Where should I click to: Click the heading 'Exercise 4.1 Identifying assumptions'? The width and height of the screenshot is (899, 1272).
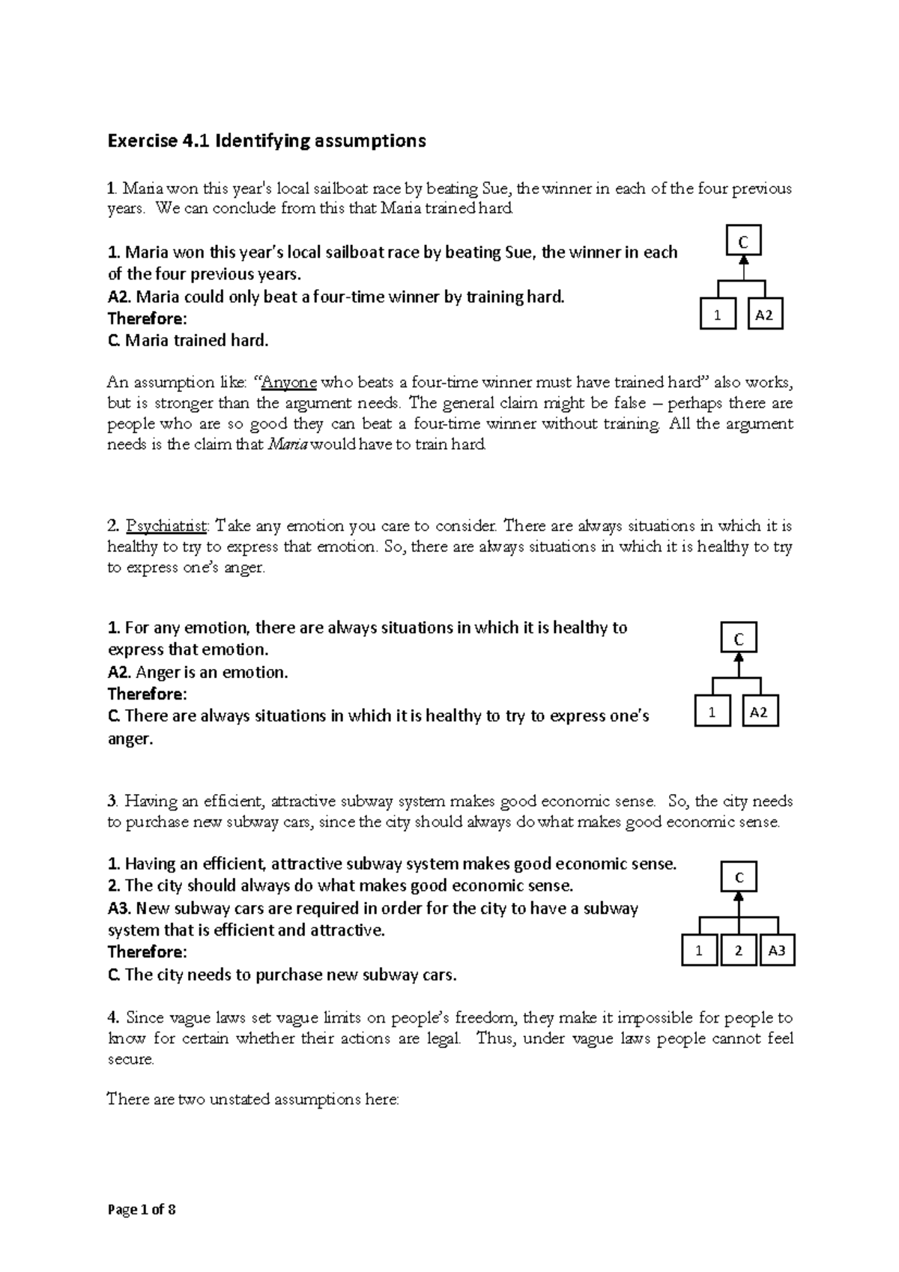pyautogui.click(x=267, y=141)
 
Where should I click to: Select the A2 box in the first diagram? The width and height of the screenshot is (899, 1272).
pyautogui.click(x=764, y=315)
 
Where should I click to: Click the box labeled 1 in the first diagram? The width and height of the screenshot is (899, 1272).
pyautogui.click(x=718, y=315)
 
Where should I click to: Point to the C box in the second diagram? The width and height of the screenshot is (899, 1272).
pyautogui.click(x=739, y=639)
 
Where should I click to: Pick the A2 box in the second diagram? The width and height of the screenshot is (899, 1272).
pyautogui.click(x=760, y=712)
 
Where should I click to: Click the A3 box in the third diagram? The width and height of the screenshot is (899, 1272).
pyautogui.click(x=777, y=951)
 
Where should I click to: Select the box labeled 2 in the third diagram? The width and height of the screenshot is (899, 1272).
pyautogui.click(x=739, y=951)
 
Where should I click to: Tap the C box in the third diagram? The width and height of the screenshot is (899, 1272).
pyautogui.click(x=739, y=878)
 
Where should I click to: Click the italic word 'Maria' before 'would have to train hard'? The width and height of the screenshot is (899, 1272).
pyautogui.click(x=287, y=445)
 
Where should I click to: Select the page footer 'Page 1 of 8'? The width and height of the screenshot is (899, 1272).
pyautogui.click(x=142, y=1209)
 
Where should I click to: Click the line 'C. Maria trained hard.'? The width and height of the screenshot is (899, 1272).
pyautogui.click(x=187, y=341)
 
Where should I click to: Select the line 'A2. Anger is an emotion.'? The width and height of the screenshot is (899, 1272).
pyautogui.click(x=198, y=672)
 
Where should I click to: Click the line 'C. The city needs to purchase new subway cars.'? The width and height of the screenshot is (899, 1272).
pyautogui.click(x=282, y=975)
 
